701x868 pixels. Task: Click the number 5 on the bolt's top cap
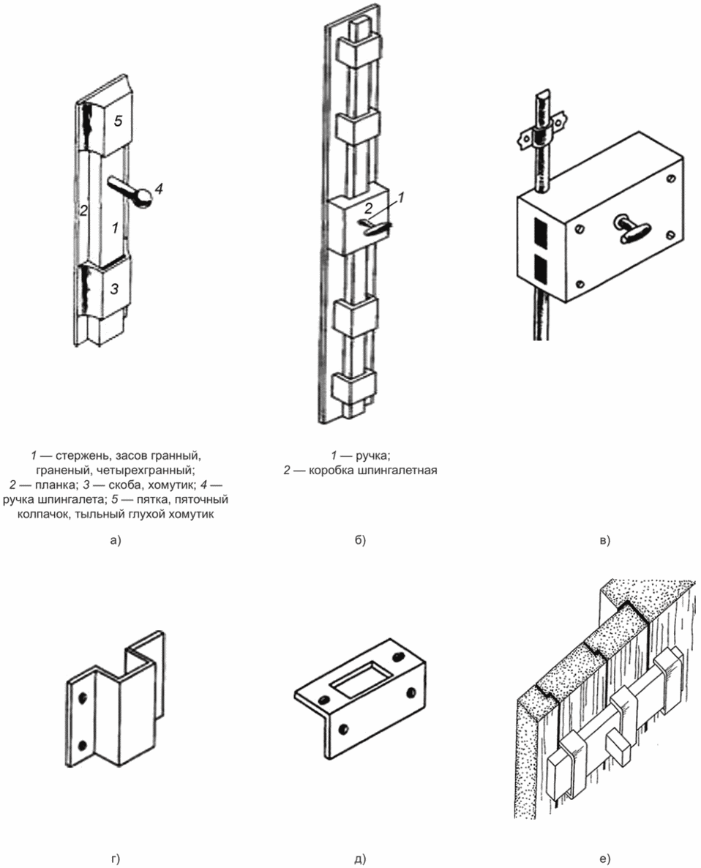coord(118,121)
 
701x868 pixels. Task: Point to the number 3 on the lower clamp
coord(115,288)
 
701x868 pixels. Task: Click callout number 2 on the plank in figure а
coord(83,210)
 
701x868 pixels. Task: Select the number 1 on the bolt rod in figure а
coord(115,227)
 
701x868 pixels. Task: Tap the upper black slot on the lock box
coord(541,232)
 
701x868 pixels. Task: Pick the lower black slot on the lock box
coord(541,269)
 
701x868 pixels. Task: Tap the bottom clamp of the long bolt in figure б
coord(354,387)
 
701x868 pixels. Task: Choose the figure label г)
coord(115,858)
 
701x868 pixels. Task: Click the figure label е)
coord(604,858)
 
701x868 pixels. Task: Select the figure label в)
coord(604,539)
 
